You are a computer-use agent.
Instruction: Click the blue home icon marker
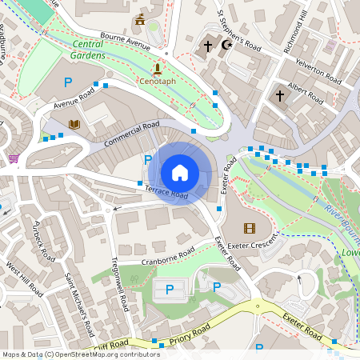coord(180,172)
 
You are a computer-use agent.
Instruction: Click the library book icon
coord(74,124)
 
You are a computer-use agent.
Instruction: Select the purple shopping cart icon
coord(14,158)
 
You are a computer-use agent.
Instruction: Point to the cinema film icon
coord(249,228)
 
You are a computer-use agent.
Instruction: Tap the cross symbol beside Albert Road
coord(280,96)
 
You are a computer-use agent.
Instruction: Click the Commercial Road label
coord(132,134)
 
